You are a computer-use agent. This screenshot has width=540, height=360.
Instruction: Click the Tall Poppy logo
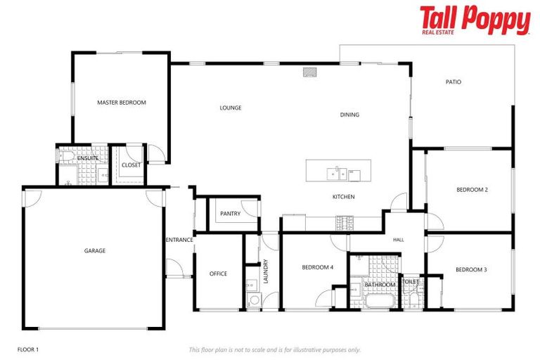pos(475,20)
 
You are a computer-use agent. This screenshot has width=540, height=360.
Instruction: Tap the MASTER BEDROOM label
pos(122,103)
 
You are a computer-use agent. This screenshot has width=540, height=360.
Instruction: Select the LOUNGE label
pos(231,108)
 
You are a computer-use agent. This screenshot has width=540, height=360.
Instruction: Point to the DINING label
pos(349,115)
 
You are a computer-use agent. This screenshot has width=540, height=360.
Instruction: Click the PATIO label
pos(454,82)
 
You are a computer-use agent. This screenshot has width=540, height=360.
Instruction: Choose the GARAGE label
pos(95,250)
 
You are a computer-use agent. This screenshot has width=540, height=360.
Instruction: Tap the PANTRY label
pos(230,214)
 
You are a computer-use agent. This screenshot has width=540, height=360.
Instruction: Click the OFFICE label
pos(218,274)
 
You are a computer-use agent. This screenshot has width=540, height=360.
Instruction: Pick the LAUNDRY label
pos(266,271)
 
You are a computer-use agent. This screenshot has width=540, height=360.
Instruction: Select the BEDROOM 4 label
pos(318,267)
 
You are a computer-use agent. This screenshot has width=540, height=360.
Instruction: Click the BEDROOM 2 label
pos(472,190)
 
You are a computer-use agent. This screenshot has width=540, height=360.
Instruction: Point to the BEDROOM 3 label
pos(471,270)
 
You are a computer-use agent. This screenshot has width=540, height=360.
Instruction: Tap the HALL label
pos(399,240)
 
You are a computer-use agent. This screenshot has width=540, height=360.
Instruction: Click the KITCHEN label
pos(343,197)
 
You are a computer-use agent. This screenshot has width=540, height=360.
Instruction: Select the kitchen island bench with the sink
pos(338,171)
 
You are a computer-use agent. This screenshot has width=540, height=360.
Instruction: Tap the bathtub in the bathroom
pos(380,302)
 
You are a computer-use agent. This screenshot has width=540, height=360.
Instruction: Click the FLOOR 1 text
pos(28,349)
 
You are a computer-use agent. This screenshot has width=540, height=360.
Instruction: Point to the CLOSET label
pos(131,165)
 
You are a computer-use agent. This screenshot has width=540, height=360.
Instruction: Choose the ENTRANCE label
pos(179,240)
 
